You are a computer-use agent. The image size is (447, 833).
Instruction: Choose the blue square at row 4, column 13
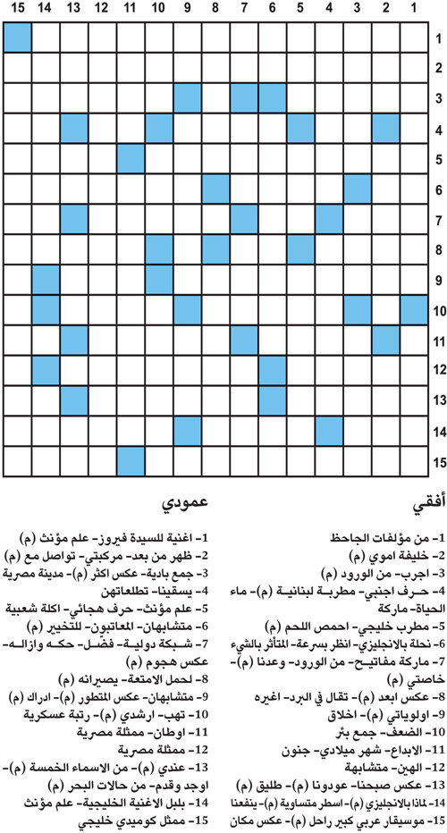click(x=73, y=129)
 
